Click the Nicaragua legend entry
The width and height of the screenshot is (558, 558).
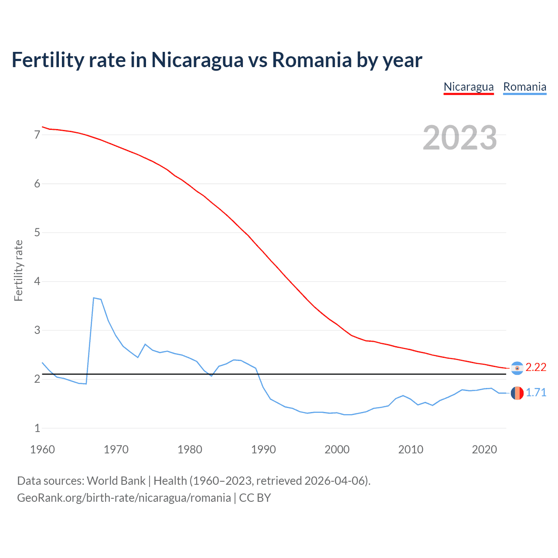469,87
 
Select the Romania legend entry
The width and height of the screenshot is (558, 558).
524,87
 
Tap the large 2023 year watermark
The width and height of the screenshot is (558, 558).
459,138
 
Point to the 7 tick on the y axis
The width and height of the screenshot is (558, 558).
37,135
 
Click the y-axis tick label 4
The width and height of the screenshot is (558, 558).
37,281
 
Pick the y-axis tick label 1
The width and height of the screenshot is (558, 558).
37,428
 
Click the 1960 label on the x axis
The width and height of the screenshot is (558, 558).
42,449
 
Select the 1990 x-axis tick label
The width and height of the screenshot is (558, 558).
263,449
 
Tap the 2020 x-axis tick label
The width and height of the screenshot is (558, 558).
484,449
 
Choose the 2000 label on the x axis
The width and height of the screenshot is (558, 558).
337,449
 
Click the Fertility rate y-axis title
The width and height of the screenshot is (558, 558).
18,270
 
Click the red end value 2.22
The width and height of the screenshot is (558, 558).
536,367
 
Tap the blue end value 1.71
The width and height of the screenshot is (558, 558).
536,393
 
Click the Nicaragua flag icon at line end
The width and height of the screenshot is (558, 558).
517,368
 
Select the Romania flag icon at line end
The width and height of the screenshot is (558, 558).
517,393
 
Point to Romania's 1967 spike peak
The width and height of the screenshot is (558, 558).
94,298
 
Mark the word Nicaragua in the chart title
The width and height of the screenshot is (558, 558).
197,60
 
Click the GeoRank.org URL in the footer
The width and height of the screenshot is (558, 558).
124,498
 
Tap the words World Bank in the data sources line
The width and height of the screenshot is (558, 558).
116,481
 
